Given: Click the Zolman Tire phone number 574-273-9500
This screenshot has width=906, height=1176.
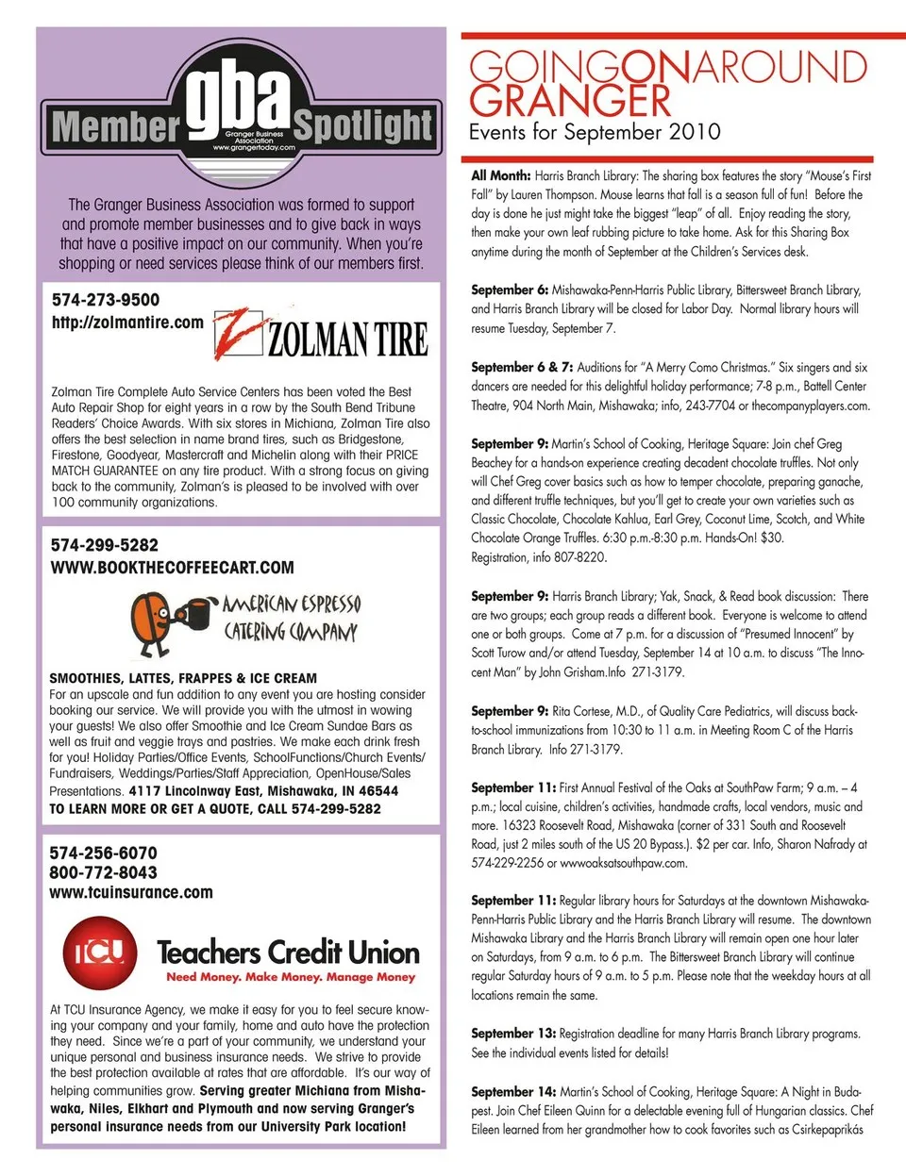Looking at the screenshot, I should pos(106,300).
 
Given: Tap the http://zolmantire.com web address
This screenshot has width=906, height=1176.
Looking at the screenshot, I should pos(127,323).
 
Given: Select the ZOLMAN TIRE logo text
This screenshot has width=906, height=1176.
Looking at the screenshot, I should pos(347,339).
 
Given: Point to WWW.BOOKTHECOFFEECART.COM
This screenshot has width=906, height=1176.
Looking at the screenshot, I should pos(172,568).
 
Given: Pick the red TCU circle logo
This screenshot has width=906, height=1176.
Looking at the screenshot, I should pos(99,953).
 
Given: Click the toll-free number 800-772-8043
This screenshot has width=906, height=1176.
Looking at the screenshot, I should pos(104,872).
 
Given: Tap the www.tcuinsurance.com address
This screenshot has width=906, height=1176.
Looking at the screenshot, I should pos(131,892).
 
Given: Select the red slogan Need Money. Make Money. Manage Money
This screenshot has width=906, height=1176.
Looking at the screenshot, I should pos(291,977).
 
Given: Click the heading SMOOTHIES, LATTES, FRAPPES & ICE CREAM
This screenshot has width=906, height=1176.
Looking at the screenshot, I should pos(183,678).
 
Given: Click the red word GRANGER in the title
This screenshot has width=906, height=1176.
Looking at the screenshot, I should pos(570,100).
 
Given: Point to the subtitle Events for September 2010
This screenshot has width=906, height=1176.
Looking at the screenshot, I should pos(595,132).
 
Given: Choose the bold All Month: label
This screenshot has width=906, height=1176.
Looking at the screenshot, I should pos(501,175).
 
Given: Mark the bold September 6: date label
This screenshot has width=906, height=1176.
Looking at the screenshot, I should pos(510,290).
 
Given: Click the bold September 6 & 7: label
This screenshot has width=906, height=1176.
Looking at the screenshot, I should pos(522,367).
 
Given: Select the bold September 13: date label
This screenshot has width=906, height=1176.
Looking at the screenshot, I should pos(513,1034).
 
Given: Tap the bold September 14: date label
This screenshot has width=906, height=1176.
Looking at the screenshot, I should pos(513,1091).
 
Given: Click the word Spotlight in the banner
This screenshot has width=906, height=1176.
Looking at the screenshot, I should pos(363,124).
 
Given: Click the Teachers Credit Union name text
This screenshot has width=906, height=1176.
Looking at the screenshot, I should pos(288,952).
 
